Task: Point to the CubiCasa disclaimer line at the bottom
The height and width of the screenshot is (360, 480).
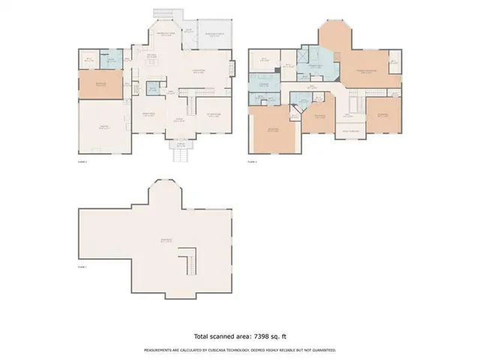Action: click(x=239, y=349)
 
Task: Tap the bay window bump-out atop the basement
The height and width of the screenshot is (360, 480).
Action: click(x=165, y=192)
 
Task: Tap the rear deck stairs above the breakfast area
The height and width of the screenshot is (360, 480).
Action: click(x=164, y=14)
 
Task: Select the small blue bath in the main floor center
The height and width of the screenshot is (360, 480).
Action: click(x=151, y=89)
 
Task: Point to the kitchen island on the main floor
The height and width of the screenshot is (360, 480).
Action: click(x=153, y=66)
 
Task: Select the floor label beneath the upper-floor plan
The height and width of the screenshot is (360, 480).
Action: click(x=253, y=161)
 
